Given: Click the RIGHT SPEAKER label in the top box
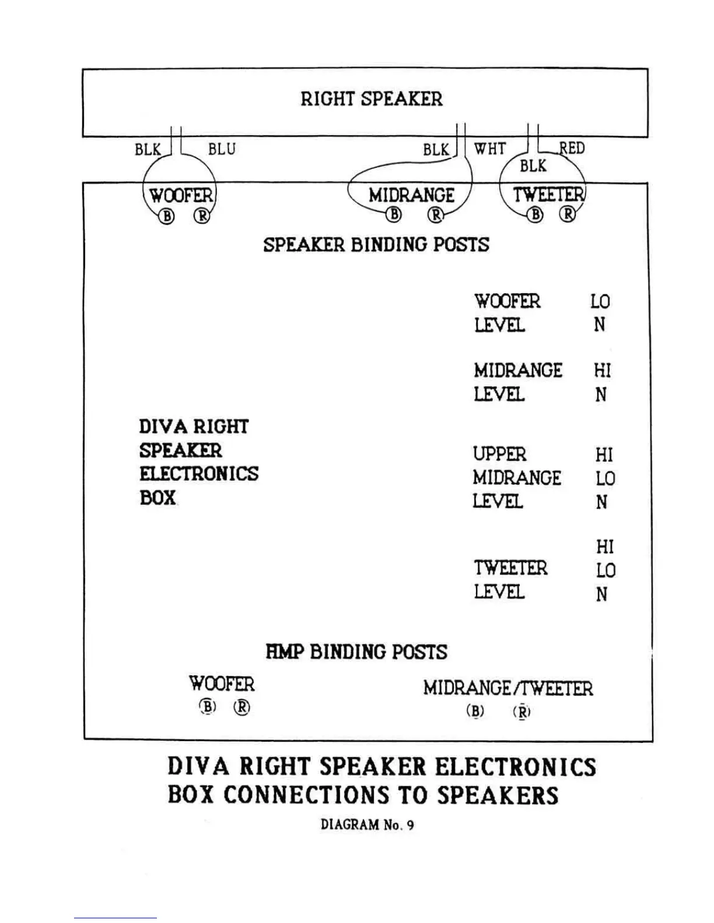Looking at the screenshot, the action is (372, 98).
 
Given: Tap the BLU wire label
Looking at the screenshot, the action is (222, 149).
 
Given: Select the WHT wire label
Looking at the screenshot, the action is (489, 149).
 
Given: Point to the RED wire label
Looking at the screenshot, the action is (572, 148).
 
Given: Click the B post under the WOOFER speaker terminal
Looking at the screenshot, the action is (167, 216).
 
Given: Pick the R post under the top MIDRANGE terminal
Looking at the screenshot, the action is (435, 215).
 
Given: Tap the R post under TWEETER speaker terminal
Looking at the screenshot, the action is (567, 215).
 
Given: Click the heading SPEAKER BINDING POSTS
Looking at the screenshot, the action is (376, 245).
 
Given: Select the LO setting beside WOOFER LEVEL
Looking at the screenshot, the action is (600, 301).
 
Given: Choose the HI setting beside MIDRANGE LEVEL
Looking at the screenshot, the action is (602, 371).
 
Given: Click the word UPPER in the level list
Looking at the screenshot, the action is (499, 454).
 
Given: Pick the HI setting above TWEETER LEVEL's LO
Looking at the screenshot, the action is (605, 547).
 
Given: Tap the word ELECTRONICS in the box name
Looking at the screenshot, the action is (198, 474).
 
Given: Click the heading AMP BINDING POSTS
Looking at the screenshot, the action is (356, 651).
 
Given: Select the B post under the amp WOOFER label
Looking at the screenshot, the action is (208, 707).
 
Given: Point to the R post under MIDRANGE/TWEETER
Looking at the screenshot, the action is (522, 711).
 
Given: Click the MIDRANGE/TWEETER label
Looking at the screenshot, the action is (508, 688).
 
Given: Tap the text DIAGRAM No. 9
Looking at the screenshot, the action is (367, 825).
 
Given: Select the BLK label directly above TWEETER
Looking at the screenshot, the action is (533, 166).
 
